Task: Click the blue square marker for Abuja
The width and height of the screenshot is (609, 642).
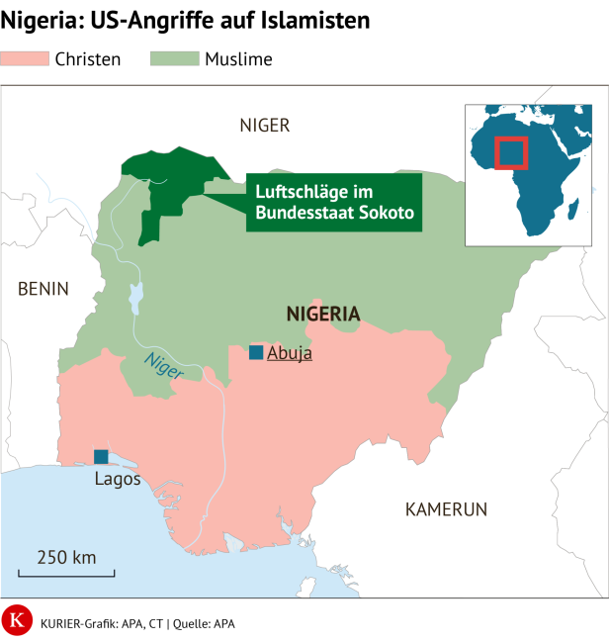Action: pyautogui.click(x=256, y=353)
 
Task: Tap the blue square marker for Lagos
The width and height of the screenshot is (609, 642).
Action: pyautogui.click(x=101, y=456)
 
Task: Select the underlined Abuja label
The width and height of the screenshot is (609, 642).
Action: pyautogui.click(x=290, y=353)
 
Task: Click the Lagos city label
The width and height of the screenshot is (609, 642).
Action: pyautogui.click(x=118, y=480)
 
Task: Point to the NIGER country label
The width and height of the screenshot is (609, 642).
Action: pyautogui.click(x=265, y=125)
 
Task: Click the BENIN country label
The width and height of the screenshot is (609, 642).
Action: pyautogui.click(x=43, y=289)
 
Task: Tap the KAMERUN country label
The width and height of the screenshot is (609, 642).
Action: pyautogui.click(x=447, y=509)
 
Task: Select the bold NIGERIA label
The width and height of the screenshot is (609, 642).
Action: pyautogui.click(x=323, y=315)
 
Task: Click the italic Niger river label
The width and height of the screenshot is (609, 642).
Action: pyautogui.click(x=162, y=367)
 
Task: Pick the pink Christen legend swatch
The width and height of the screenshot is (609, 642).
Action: pyautogui.click(x=25, y=59)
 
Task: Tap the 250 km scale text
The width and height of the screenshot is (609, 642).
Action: pyautogui.click(x=66, y=556)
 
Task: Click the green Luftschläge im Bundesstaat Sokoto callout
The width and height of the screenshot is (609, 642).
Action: pyautogui.click(x=334, y=203)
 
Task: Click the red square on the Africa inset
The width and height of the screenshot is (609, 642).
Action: pyautogui.click(x=511, y=152)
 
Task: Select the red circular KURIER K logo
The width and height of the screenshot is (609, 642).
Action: pyautogui.click(x=16, y=620)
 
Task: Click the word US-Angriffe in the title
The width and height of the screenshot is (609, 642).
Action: pyautogui.click(x=146, y=20)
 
